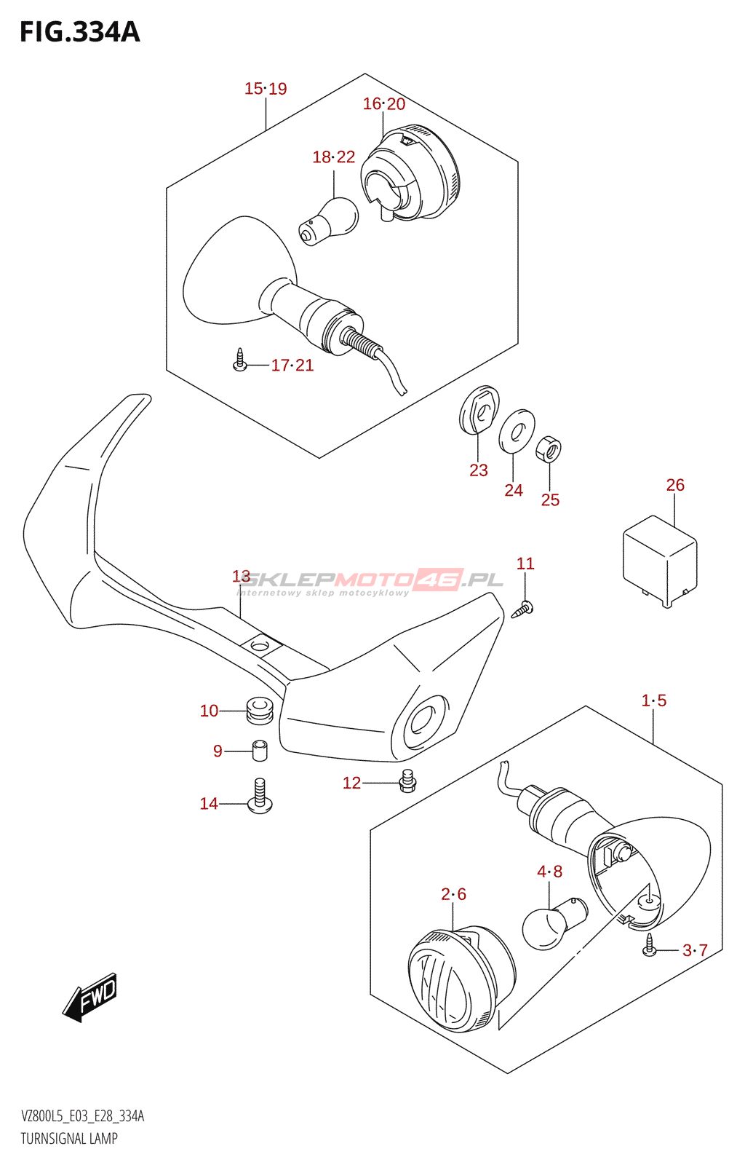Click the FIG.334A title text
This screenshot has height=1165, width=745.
[79, 32]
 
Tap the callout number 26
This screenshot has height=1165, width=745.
[675, 485]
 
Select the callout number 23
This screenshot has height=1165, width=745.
[478, 470]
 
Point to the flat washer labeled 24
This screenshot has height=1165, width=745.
[517, 431]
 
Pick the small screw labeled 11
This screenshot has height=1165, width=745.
[524, 609]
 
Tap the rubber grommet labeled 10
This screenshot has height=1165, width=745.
[258, 710]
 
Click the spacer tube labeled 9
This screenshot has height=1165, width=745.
[260, 750]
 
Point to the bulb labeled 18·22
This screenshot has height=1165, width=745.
[330, 221]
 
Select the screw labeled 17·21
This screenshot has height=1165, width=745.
[240, 361]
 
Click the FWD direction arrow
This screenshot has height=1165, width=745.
[90, 998]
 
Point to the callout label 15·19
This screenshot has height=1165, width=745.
[266, 89]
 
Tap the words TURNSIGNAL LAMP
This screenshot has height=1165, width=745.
[69, 1139]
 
